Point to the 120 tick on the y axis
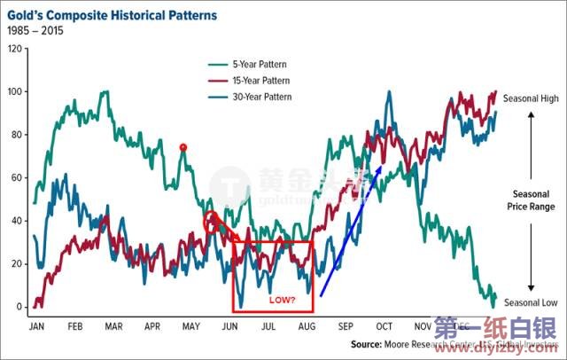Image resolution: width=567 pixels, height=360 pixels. point(13,49)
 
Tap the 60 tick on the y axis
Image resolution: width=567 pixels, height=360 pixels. point(15,178)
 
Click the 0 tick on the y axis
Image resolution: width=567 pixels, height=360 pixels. point(18,307)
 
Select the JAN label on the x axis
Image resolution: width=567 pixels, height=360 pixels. point(36,326)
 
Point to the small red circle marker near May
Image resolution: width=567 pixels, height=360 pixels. point(183,147)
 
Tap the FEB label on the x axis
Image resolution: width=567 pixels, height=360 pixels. point(75,326)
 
